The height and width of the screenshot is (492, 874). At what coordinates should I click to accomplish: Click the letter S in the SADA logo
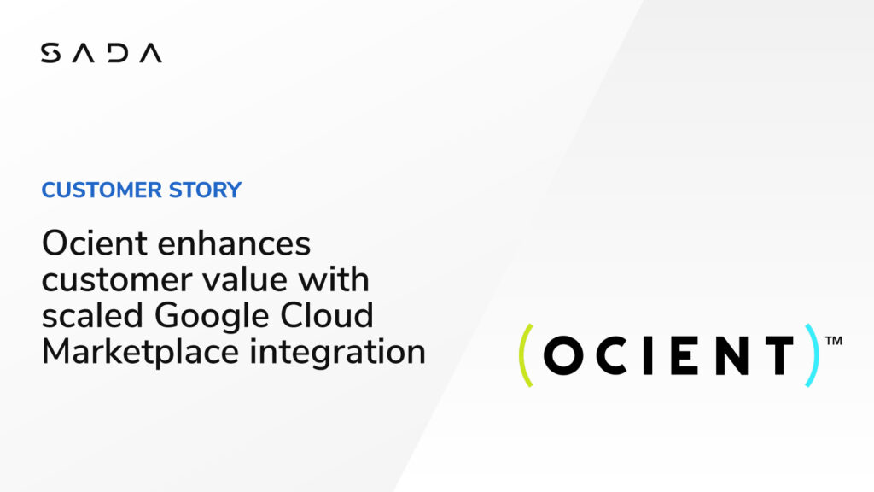(50, 53)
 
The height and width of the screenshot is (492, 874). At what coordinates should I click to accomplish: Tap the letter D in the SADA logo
(118, 53)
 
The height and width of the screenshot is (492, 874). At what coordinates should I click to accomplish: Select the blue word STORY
(205, 190)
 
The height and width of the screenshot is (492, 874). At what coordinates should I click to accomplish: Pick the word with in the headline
(334, 279)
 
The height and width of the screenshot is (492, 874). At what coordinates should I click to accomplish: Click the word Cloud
(327, 316)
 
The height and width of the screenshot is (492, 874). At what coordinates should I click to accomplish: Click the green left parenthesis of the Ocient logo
(526, 355)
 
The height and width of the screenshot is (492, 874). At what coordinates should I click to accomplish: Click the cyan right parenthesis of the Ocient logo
(813, 355)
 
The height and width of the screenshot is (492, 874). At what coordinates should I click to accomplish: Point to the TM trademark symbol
(833, 341)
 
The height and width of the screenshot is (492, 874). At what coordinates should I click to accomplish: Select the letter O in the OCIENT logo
(563, 355)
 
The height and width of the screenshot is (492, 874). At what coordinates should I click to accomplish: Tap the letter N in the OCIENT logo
(731, 355)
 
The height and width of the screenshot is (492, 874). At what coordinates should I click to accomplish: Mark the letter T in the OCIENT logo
(779, 355)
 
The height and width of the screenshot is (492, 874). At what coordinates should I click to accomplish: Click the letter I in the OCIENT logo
(649, 355)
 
